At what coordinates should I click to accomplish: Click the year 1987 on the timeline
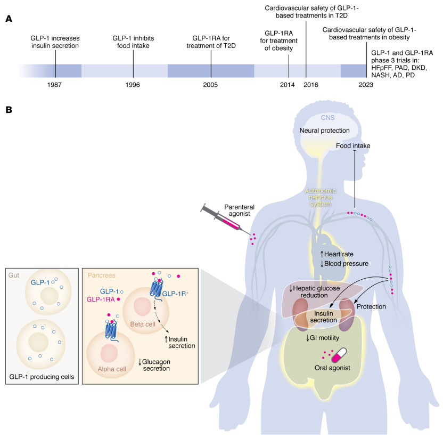point(55,85)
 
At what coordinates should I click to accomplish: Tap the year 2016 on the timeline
point(306,85)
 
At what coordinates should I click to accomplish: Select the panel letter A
point(9,19)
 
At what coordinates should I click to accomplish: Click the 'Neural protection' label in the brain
point(325,130)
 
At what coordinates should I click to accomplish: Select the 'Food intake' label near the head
point(353,145)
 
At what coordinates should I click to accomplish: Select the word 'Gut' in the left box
point(14,276)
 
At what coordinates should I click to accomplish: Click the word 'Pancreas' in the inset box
point(102,276)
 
